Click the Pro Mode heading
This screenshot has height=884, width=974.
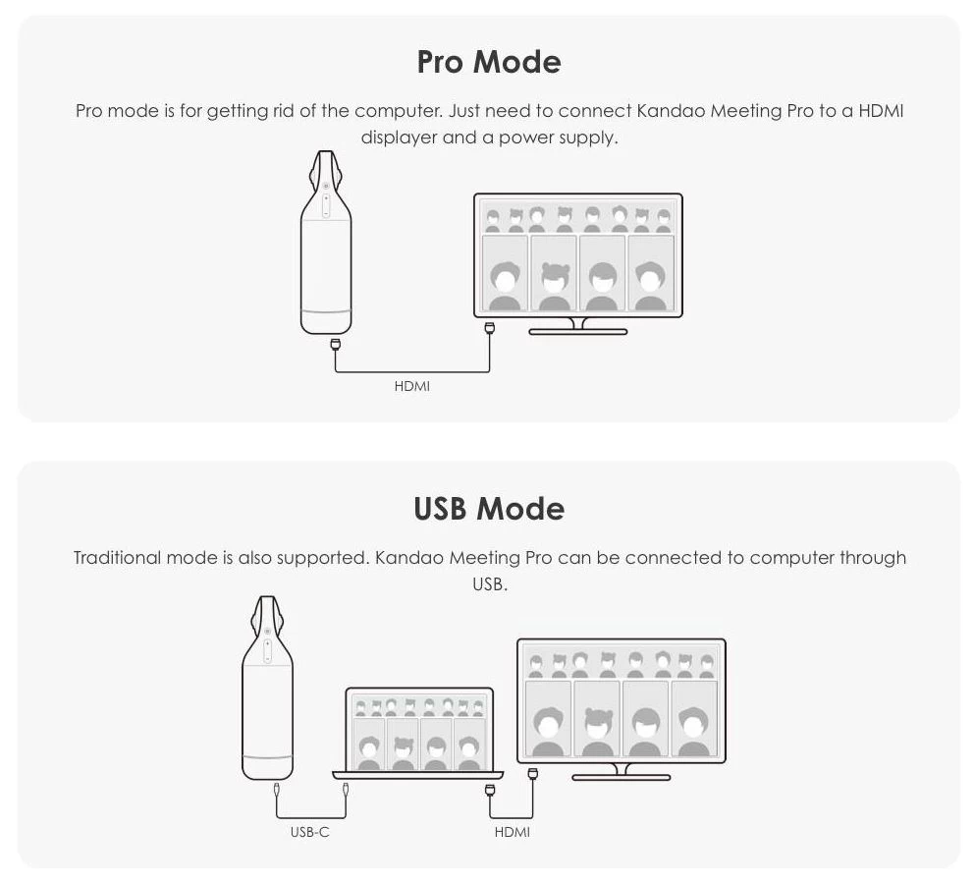[x=489, y=62]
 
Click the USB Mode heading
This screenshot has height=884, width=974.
[x=489, y=508]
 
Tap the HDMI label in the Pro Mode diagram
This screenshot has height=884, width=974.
[x=411, y=386]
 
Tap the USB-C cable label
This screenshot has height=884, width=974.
[x=309, y=832]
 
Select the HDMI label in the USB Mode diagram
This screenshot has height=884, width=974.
[x=512, y=832]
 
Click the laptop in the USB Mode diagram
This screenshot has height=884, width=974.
[x=418, y=734]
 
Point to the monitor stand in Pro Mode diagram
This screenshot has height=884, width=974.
[x=577, y=327]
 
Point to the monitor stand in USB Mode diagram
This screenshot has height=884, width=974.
[x=621, y=773]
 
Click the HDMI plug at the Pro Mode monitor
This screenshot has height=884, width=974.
[x=490, y=328]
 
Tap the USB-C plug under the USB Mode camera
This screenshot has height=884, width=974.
[x=277, y=790]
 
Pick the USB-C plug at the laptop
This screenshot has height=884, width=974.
[x=346, y=790]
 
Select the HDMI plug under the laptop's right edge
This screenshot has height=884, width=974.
[x=490, y=790]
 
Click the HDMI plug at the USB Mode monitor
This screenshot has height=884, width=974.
[x=532, y=774]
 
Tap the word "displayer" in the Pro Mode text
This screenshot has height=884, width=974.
[x=400, y=138]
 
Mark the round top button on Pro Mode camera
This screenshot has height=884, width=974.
[x=326, y=186]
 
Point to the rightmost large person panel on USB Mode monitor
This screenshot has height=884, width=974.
[x=694, y=718]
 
